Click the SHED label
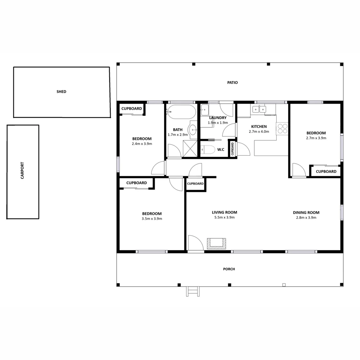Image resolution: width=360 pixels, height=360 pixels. [61, 92]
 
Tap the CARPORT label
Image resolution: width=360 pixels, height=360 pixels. [22, 170]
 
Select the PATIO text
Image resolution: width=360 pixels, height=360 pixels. [233, 83]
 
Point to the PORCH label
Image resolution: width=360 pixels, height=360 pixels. [229, 269]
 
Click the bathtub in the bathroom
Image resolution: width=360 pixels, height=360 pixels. [182, 112]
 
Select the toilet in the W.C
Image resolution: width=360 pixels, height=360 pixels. [208, 150]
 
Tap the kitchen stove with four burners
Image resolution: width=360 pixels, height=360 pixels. [282, 129]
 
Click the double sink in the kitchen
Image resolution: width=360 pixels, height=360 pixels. [259, 109]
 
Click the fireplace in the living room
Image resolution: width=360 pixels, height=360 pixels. [216, 243]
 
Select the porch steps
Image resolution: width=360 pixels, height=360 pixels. [193, 291]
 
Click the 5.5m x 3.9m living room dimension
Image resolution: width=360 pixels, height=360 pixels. [224, 218]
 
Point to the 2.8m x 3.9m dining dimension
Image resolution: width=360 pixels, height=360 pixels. [306, 218]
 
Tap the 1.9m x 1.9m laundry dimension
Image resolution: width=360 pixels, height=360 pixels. [218, 123]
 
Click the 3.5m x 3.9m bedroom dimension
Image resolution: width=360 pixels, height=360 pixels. [152, 219]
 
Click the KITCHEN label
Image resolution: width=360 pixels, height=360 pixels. [259, 127]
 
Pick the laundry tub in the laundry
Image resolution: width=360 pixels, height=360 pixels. [204, 109]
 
